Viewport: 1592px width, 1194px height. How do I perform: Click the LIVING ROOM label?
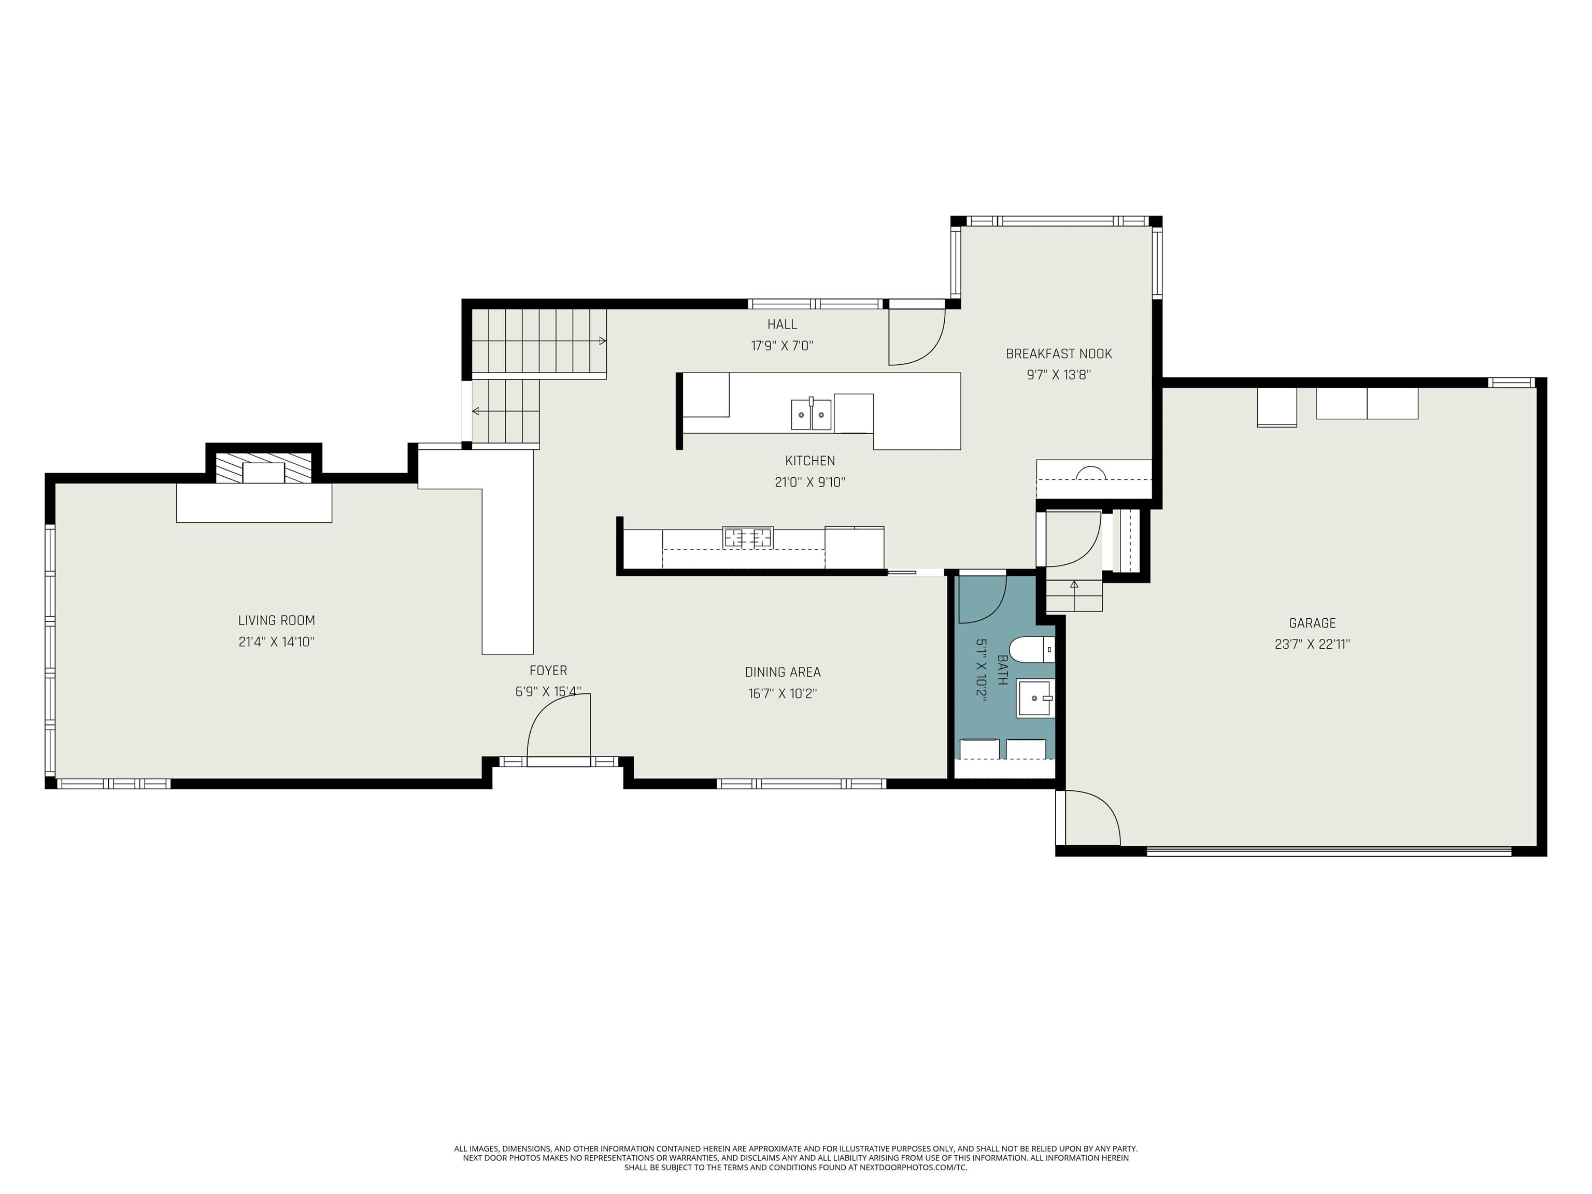[x=276, y=620]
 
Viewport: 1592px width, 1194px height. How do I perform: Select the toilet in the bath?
[x=1030, y=649]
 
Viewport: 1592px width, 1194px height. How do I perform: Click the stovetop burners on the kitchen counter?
[x=748, y=537]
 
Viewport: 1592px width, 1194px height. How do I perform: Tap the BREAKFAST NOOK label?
[x=1059, y=353]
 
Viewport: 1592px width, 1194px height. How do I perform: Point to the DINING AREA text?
[x=783, y=672]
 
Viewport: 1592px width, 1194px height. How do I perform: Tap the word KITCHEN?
[x=809, y=461]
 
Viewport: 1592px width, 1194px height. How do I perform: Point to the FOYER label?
[x=548, y=671]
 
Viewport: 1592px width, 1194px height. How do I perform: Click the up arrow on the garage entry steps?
[x=1074, y=585]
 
